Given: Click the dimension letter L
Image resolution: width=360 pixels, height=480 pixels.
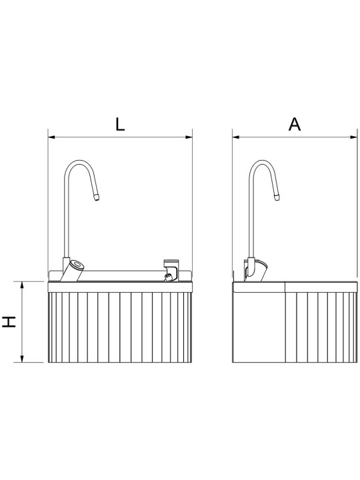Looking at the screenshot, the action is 120,124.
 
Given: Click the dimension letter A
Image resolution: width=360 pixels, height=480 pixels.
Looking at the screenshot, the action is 295,124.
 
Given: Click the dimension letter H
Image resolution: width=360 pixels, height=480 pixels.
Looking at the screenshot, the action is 9,322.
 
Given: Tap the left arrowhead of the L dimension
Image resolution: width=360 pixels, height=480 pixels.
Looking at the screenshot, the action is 51,137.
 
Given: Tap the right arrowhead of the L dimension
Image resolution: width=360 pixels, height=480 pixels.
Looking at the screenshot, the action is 189,137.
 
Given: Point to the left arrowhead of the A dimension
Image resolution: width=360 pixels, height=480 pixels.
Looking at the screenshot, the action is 236,137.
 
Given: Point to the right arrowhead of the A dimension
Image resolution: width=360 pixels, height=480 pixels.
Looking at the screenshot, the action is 353,137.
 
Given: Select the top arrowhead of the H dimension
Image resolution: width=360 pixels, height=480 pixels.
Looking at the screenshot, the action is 22,285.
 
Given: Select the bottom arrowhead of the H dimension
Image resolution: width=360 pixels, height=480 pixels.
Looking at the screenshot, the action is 22,359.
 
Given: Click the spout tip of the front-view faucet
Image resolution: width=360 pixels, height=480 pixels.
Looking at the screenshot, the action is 97,197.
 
